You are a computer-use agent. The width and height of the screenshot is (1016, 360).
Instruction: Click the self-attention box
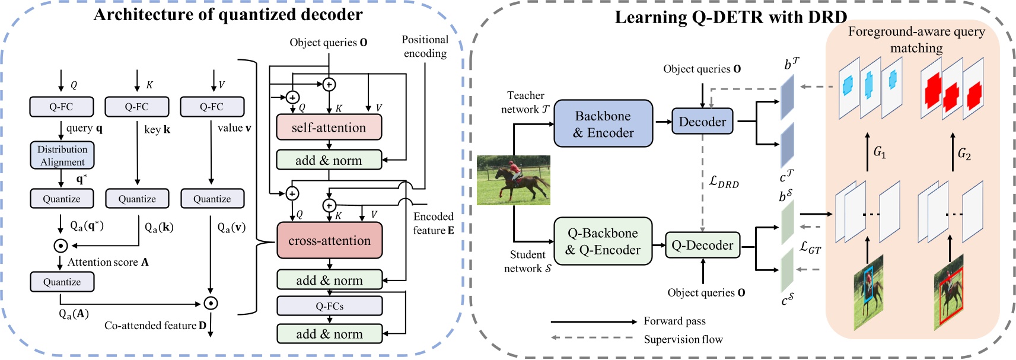(329, 128)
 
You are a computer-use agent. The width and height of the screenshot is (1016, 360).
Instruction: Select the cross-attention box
(329, 241)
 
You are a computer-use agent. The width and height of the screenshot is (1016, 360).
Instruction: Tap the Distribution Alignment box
(62, 155)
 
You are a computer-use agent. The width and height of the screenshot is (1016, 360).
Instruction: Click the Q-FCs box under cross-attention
(329, 306)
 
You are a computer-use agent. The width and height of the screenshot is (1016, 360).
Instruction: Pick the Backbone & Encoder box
(603, 124)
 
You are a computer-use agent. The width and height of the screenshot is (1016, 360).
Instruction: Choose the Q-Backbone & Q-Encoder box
(603, 241)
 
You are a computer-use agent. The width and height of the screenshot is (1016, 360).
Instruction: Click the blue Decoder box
(702, 122)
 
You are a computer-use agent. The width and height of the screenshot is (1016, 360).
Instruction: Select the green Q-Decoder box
(702, 245)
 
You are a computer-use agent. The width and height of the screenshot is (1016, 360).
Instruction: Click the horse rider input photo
(514, 180)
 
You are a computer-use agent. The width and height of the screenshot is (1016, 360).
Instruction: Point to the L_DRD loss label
(724, 181)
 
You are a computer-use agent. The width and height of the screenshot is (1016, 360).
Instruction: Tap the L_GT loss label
(810, 247)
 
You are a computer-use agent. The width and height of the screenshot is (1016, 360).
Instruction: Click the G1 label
(880, 152)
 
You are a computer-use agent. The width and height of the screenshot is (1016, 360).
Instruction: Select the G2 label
(964, 154)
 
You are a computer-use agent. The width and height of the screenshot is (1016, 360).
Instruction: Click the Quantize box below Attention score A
(62, 282)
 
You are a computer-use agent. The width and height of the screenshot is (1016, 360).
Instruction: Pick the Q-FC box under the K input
(137, 107)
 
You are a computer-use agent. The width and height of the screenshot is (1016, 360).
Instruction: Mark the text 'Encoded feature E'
(434, 224)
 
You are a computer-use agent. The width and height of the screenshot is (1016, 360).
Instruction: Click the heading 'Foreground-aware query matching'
(916, 39)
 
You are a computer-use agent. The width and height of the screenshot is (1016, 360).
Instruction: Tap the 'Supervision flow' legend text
(683, 339)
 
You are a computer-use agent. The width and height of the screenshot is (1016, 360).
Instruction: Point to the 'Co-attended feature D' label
(155, 326)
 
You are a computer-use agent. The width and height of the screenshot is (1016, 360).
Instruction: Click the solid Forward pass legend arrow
(593, 321)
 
